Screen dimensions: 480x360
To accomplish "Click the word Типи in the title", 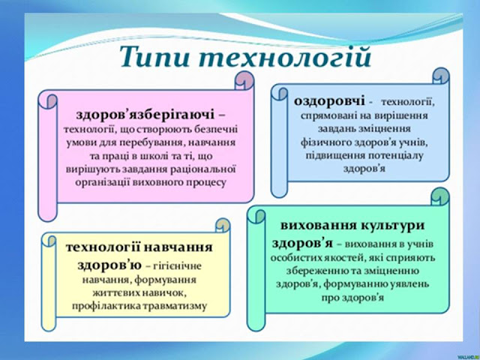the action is click(155, 58).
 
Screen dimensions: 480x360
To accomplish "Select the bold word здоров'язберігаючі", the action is click(145, 115).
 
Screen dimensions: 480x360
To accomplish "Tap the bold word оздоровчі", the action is click(329, 100).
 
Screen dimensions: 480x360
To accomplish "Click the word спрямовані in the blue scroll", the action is click(327, 116).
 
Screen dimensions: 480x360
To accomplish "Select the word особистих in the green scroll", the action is click(293, 258).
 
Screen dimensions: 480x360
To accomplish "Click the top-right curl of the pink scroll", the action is click(244, 80).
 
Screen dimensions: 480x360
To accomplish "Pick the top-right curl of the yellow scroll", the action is click(223, 226).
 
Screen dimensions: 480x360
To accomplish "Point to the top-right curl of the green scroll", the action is click(440, 196).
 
